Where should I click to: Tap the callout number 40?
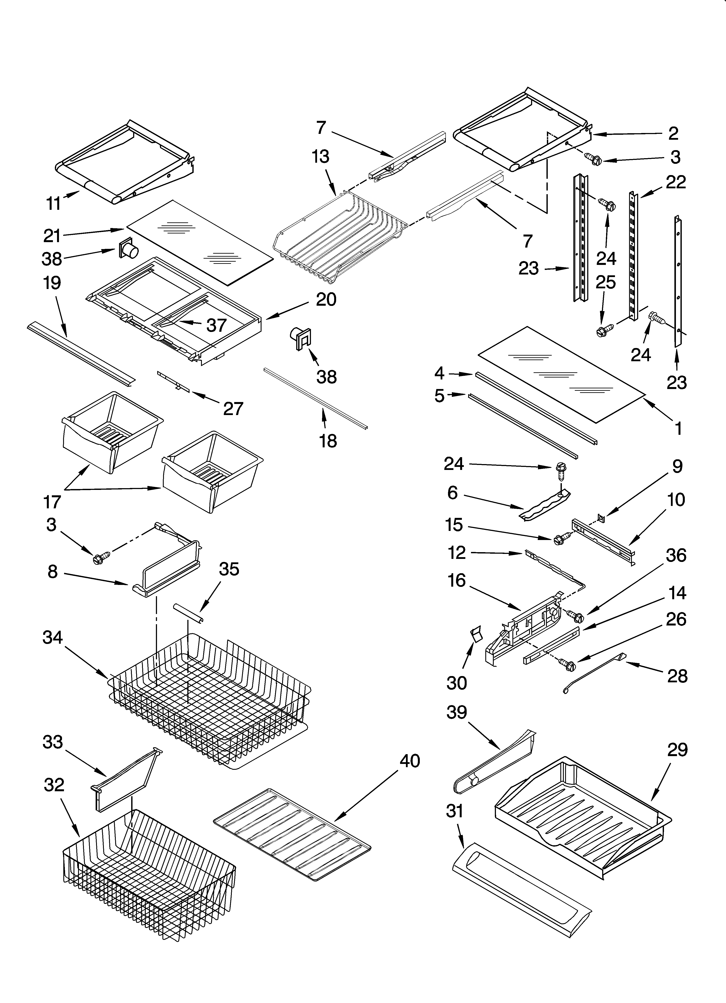[x=409, y=761]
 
